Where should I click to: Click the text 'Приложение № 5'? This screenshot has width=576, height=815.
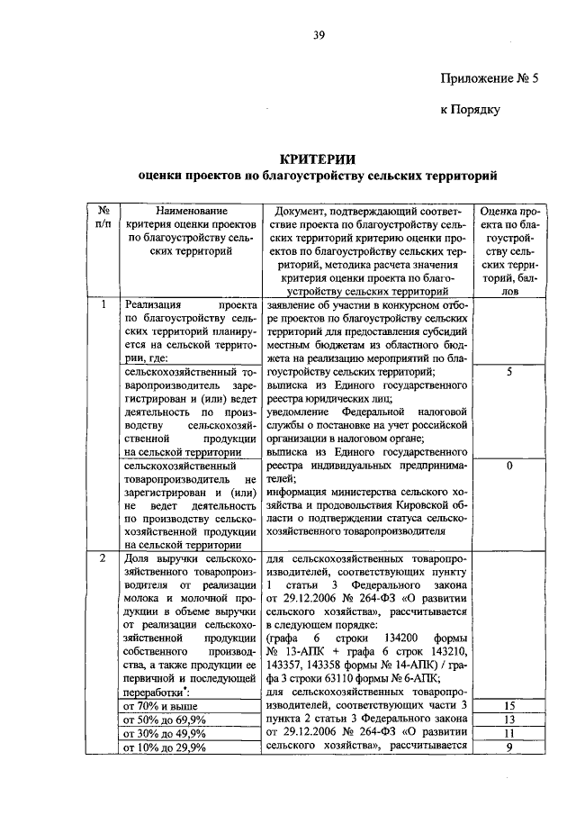click(x=489, y=78)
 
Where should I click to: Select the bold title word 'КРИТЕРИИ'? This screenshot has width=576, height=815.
click(x=317, y=157)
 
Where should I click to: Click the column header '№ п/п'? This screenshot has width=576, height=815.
click(x=103, y=216)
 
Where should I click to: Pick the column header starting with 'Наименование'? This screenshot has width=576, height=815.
click(x=191, y=231)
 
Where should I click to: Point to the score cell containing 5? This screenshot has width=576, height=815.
click(x=509, y=370)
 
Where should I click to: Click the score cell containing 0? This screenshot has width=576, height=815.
click(x=509, y=466)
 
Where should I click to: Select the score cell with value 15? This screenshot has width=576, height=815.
click(x=509, y=706)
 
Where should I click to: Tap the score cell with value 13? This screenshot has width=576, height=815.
click(x=509, y=720)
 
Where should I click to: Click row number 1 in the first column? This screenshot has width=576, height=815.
click(x=103, y=305)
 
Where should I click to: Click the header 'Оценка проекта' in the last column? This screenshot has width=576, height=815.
click(x=509, y=216)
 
